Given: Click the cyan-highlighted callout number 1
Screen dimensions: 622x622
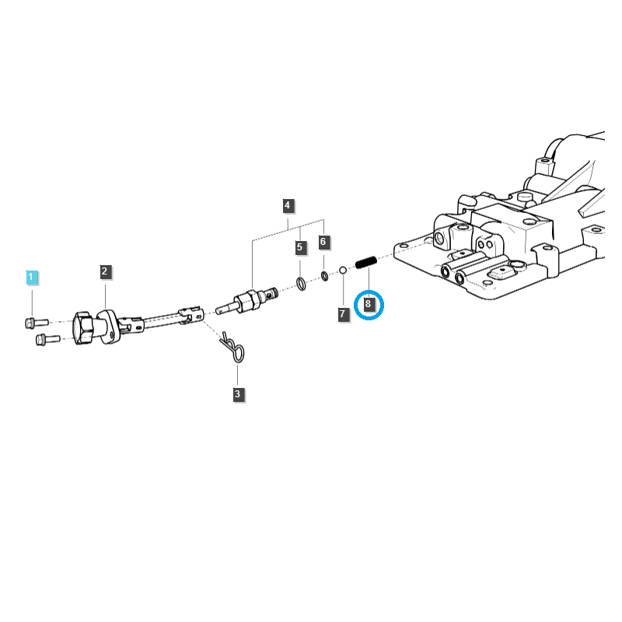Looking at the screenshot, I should pyautogui.click(x=31, y=277).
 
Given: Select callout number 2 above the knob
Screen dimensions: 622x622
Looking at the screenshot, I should pyautogui.click(x=105, y=271).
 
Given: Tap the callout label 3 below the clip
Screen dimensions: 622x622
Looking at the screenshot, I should pyautogui.click(x=238, y=395).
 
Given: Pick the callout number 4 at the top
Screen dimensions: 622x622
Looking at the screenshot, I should pyautogui.click(x=288, y=205).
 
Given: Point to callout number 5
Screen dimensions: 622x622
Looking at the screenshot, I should pyautogui.click(x=300, y=247).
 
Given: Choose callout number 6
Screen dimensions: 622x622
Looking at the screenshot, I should pyautogui.click(x=323, y=242).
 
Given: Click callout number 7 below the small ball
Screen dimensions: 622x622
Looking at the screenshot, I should pyautogui.click(x=342, y=314).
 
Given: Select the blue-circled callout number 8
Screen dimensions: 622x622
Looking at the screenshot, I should pyautogui.click(x=369, y=305).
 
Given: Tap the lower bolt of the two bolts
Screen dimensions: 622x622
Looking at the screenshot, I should pyautogui.click(x=46, y=338).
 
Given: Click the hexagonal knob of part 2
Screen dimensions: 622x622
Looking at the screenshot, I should pyautogui.click(x=86, y=329).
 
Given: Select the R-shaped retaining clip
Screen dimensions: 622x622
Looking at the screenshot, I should pyautogui.click(x=232, y=348).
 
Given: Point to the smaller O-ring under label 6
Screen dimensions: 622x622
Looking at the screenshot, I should pyautogui.click(x=324, y=276).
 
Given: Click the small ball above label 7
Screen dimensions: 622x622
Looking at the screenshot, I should pyautogui.click(x=342, y=270).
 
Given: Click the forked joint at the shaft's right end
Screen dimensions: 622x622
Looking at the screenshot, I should pyautogui.click(x=191, y=313).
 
